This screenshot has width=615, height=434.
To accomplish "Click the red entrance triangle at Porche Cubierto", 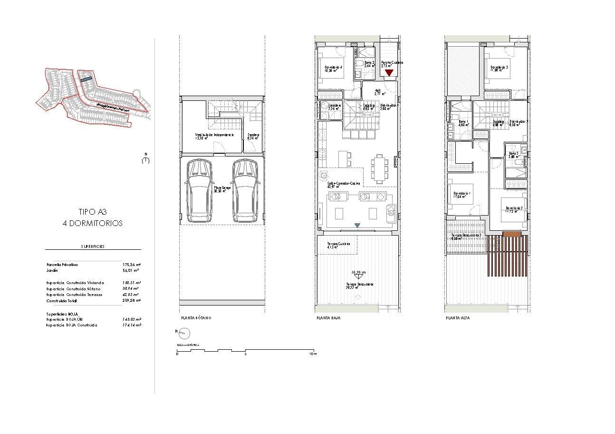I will point(389,73).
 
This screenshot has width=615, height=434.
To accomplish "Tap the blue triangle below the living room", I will point(357,225).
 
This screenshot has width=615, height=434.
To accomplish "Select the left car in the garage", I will point(200,190).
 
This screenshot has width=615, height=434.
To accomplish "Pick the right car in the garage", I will point(245,190).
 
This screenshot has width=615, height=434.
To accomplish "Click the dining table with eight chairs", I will point(379,168).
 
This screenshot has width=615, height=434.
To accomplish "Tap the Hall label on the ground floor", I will point(378,90).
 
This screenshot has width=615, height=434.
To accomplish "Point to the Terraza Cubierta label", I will point(338,244).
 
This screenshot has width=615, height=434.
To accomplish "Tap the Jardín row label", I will point(52,270).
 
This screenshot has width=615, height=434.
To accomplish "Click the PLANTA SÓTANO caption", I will point(196,318).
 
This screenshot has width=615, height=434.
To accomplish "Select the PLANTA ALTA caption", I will point(458,318).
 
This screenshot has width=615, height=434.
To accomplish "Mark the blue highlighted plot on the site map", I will point(86,80).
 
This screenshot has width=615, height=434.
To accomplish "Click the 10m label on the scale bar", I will point(312,354).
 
